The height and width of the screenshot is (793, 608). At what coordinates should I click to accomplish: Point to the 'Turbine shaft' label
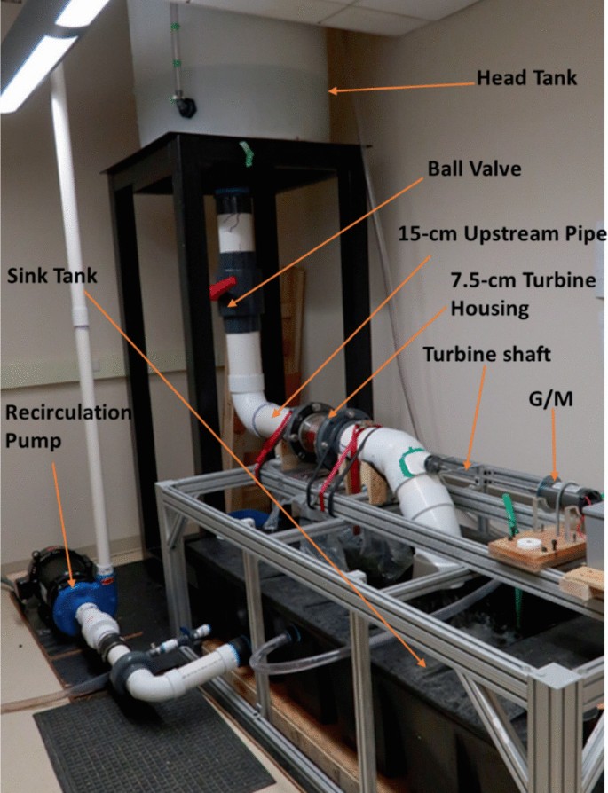[486, 354]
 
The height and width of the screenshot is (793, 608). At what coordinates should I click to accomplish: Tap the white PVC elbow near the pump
[160, 679]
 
